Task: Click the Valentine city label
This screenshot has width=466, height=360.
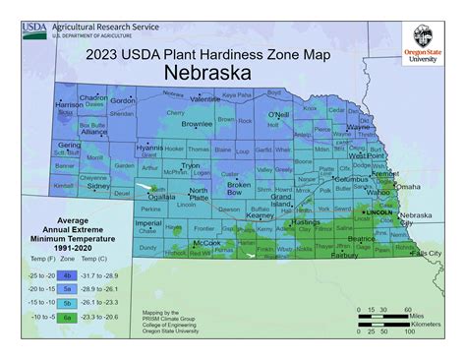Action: pos(204,99)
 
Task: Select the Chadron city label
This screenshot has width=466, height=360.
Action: pos(93,98)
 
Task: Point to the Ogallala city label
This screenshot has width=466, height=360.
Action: pos(162,196)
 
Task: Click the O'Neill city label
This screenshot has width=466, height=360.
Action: pos(279,115)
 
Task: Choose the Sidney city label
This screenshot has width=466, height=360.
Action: pos(98,184)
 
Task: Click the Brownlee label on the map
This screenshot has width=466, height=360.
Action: pos(197,125)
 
